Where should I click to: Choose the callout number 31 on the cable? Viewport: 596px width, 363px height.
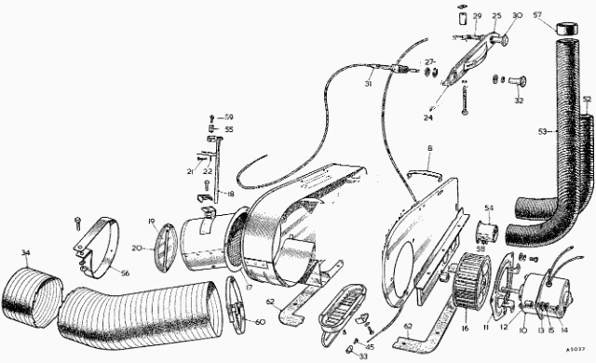pyautogui.click(x=369, y=84)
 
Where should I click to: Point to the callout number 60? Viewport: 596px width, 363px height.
pyautogui.click(x=259, y=321)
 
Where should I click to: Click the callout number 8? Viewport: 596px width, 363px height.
pyautogui.click(x=429, y=147)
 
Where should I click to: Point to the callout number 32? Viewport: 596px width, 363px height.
pyautogui.click(x=519, y=101)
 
